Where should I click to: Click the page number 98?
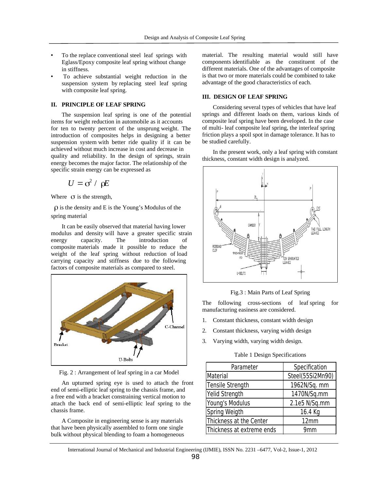[195, 457]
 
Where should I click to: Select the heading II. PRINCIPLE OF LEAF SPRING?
[98, 105]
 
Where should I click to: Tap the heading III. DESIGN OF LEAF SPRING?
[245, 97]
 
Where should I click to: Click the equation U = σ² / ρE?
[88, 183]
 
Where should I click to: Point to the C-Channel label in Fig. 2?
[174, 327]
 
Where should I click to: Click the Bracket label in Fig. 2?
[61, 345]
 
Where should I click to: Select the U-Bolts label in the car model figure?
[126, 360]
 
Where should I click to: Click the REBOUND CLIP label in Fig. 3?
[217, 248]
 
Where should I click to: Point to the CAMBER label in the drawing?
[251, 225]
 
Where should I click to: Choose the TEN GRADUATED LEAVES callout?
[291, 260]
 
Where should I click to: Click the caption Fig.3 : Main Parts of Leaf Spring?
[270, 292]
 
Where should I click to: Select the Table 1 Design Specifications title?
[270, 355]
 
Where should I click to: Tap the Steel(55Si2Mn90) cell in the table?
[310, 376]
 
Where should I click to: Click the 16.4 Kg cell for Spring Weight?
[310, 412]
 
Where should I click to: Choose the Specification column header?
[310, 367]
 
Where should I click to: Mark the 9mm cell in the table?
[310, 430]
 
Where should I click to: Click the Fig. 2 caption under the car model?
[119, 372]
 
